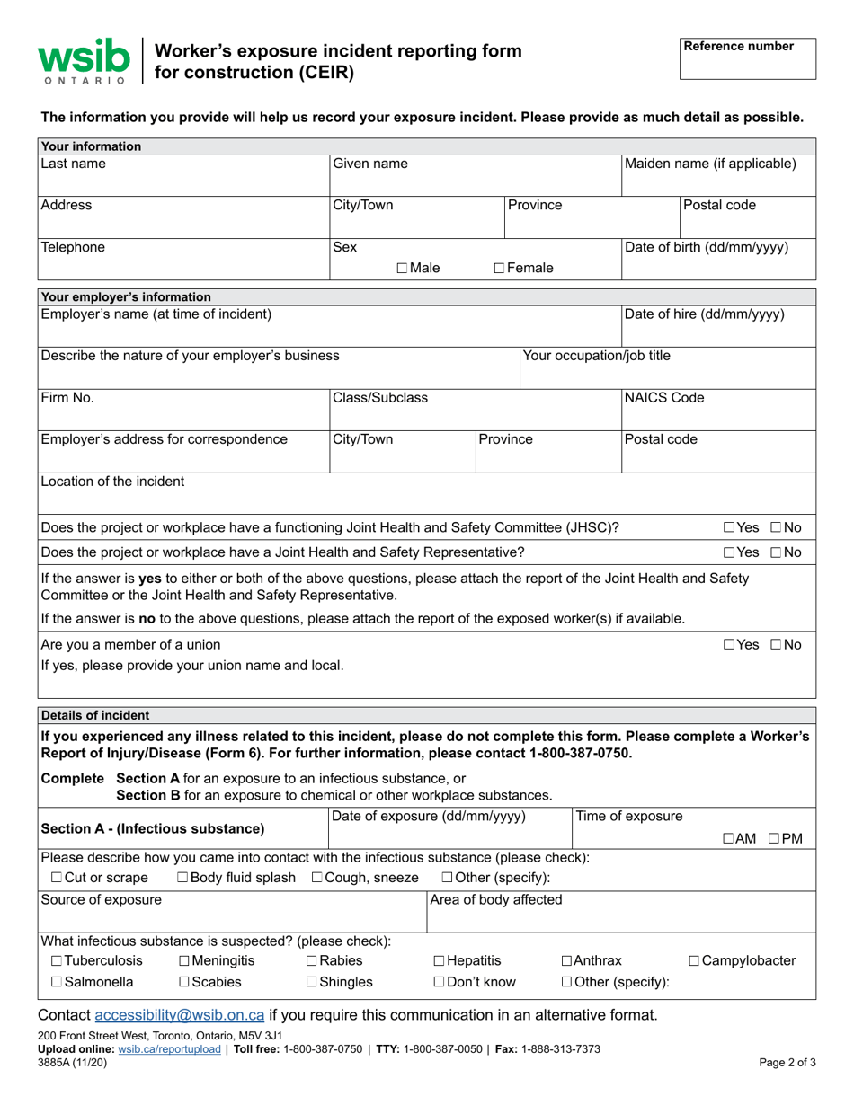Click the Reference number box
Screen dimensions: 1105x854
pyautogui.click(x=747, y=59)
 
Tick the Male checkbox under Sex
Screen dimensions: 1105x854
pyautogui.click(x=401, y=268)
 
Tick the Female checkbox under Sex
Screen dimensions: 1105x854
pyautogui.click(x=500, y=268)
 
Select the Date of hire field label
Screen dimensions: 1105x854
pyautogui.click(x=704, y=314)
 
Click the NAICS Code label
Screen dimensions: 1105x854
pyautogui.click(x=664, y=397)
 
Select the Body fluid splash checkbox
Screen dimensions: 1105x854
pyautogui.click(x=182, y=878)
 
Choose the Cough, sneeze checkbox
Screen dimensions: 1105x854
pyautogui.click(x=317, y=878)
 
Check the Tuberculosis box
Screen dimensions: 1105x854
pyautogui.click(x=57, y=961)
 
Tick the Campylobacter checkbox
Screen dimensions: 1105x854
pyautogui.click(x=695, y=961)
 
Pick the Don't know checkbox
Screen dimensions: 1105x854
pyautogui.click(x=440, y=982)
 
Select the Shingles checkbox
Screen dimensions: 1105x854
pyautogui.click(x=312, y=982)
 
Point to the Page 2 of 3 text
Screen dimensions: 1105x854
pyautogui.click(x=787, y=1062)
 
